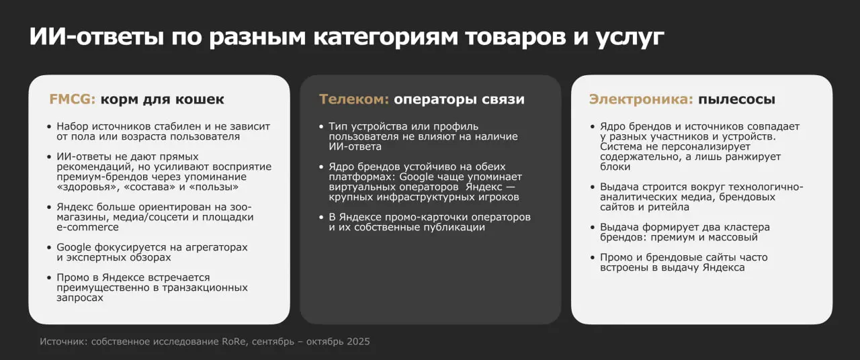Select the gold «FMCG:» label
(73, 99)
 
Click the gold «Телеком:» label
(354, 99)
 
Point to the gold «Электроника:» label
(641, 99)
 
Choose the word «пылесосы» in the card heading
(736, 100)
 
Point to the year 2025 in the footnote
(358, 342)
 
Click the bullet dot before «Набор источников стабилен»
(49, 127)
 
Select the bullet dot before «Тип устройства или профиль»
(320, 127)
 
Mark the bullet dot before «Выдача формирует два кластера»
(592, 228)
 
